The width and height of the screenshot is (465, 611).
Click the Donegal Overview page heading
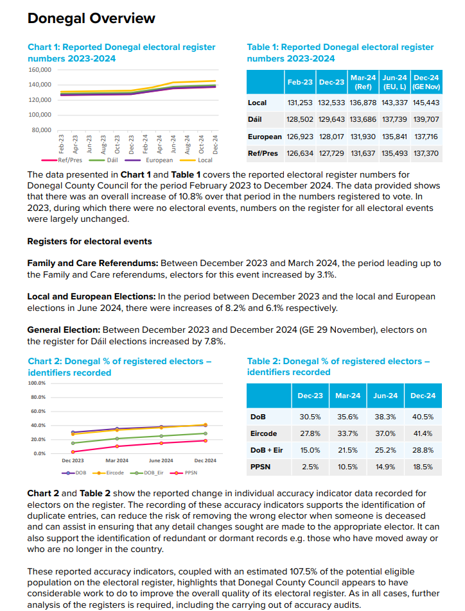tap(91, 19)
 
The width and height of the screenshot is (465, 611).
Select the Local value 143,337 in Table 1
tap(396, 103)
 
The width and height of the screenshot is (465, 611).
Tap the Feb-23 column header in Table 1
tap(299, 82)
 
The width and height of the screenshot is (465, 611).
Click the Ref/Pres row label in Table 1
tap(263, 154)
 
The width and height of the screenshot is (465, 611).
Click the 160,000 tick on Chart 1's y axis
tap(40, 69)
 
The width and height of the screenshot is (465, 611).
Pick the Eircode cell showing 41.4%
tap(423, 433)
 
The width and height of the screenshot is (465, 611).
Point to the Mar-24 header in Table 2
tap(347, 396)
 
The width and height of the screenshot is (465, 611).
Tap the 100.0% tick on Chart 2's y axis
tap(37, 383)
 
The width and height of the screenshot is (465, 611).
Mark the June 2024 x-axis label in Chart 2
tap(161, 460)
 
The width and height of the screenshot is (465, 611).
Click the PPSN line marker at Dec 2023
tap(73, 452)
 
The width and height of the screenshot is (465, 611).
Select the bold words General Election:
tap(64, 330)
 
